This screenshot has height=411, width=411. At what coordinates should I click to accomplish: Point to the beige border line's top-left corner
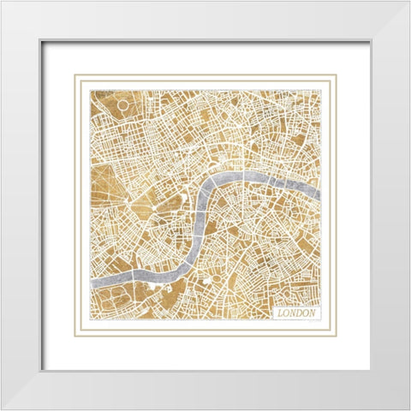[75, 75]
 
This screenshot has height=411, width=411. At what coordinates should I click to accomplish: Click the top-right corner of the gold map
[321, 89]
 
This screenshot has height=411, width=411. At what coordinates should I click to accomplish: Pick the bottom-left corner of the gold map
[89, 321]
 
